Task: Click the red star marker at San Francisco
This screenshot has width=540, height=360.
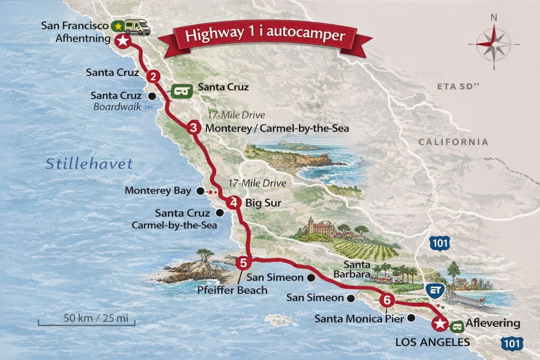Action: pos(122,41)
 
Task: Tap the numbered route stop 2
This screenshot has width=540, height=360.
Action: pos(153,76)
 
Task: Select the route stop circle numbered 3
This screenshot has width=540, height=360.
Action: pos(193,127)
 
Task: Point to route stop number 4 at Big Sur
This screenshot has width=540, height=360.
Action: pos(232,203)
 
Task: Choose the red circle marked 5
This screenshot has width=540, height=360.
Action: pos(243,263)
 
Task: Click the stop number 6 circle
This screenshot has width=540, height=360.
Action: pos(387,300)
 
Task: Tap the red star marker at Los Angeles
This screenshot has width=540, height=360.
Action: pos(439,324)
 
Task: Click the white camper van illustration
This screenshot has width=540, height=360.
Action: pos(137,27)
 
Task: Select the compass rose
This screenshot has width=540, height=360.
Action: pos(494,44)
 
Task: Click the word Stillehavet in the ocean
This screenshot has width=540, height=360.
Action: pos(89,164)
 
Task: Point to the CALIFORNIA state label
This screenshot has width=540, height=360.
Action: pos(453,142)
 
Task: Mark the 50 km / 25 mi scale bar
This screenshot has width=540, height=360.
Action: pos(86,321)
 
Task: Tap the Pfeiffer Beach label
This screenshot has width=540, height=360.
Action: pos(232,290)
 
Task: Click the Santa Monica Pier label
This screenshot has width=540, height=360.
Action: pos(359,319)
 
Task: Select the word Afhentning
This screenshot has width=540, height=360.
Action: pos(83,38)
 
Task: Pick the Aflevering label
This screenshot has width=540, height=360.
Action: pos(493,323)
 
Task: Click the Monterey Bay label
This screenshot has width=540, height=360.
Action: pos(158,191)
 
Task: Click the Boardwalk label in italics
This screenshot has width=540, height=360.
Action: pos(117,107)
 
